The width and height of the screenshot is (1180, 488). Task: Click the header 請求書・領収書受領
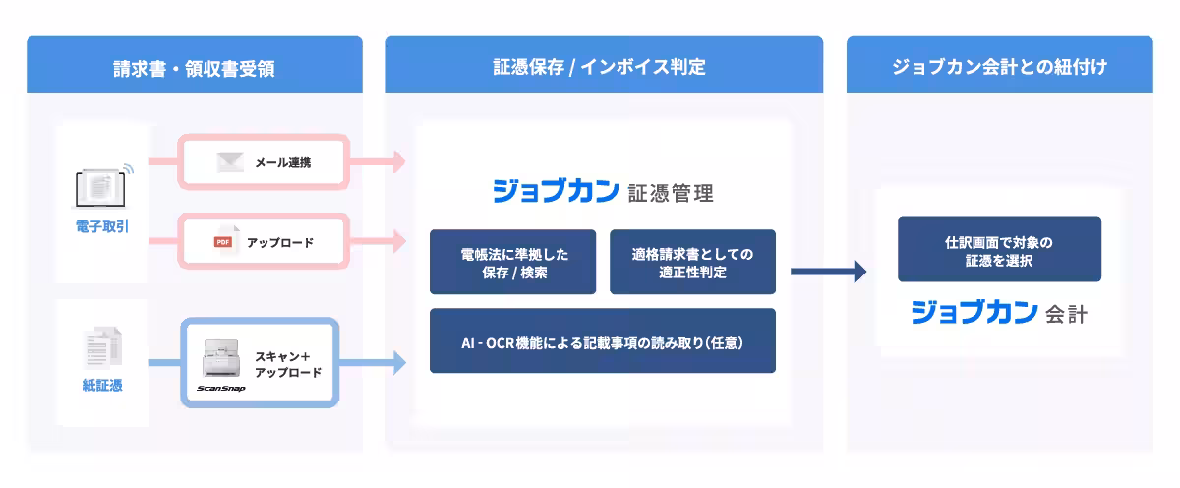point(194,68)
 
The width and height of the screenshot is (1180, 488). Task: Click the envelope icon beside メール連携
point(230,162)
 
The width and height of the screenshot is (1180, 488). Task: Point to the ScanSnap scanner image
point(222,363)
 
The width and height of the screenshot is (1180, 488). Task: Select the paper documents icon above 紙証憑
point(101,348)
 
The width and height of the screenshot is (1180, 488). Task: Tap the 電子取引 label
point(101,227)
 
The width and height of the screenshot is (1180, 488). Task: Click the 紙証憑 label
point(101,386)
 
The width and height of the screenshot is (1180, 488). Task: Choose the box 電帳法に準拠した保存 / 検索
point(512,262)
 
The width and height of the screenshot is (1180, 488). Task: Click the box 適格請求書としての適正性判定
point(692,262)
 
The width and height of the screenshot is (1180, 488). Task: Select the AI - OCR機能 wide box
point(602,341)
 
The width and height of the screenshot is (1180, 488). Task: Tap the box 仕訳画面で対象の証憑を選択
point(999,250)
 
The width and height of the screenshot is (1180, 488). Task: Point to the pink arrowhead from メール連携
point(398,162)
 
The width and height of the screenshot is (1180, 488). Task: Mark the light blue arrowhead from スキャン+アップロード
point(398,363)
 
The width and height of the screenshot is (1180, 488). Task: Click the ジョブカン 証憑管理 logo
point(602,191)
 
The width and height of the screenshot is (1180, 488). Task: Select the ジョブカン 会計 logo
point(999,313)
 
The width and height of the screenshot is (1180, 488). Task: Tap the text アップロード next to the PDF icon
point(280,242)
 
